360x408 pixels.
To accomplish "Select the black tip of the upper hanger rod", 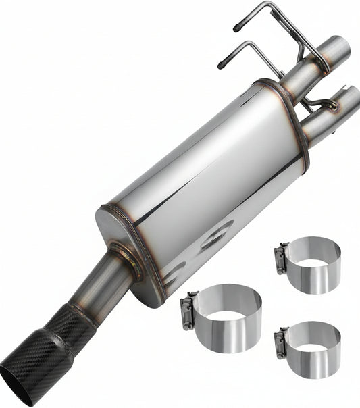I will (236, 28).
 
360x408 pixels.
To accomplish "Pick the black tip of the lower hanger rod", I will (220, 66).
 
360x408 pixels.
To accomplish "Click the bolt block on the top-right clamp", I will (280, 259).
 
